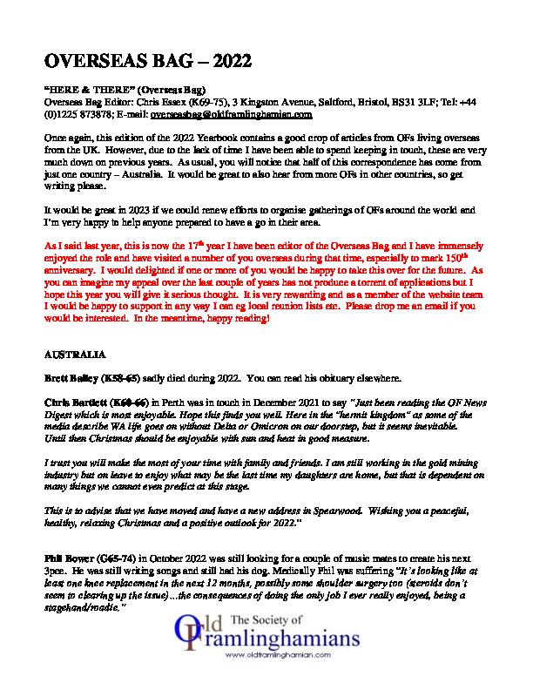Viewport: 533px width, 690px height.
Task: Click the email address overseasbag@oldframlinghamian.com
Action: [x=219, y=114]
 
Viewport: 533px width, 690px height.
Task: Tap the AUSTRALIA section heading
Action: [x=74, y=356]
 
